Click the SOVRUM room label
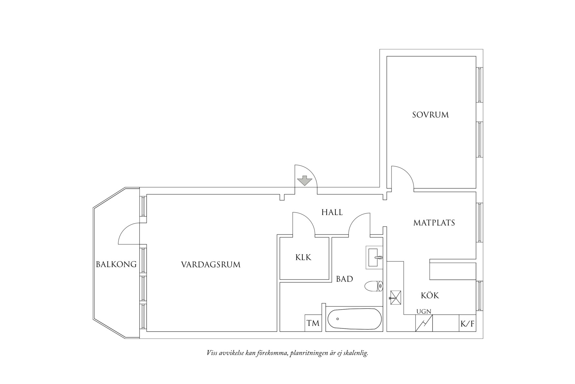[x=430, y=115]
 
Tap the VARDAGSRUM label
[x=211, y=265]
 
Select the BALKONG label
[x=116, y=264]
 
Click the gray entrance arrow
[x=304, y=181]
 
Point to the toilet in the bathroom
[x=374, y=286]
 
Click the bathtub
[x=354, y=319]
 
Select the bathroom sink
[x=374, y=258]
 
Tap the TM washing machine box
[x=313, y=323]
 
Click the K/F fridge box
[x=467, y=324]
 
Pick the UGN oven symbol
[x=424, y=323]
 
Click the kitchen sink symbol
[x=395, y=297]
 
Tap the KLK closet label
[x=303, y=258]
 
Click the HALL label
[x=332, y=213]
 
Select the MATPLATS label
[x=434, y=223]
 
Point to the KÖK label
[x=430, y=295]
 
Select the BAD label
[x=344, y=279]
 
